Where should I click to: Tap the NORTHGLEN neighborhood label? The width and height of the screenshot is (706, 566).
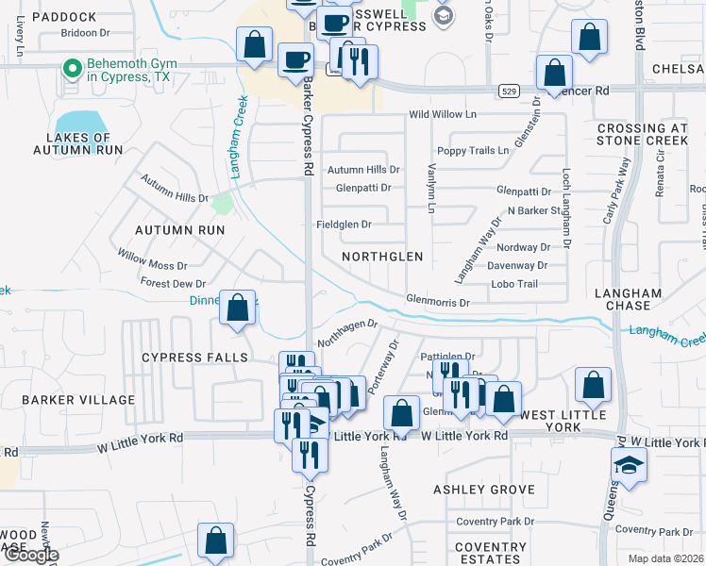point(382,257)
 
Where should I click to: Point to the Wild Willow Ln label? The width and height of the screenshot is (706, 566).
point(443,115)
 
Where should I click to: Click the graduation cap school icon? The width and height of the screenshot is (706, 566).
point(628,466)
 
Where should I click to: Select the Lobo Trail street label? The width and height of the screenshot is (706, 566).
point(514,284)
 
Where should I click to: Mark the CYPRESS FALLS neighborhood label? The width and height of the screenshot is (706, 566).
point(194,358)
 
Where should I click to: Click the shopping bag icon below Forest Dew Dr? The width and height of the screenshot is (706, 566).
point(237,308)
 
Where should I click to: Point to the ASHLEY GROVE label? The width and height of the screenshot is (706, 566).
point(483,490)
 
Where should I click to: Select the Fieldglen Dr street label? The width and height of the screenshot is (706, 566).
point(343,225)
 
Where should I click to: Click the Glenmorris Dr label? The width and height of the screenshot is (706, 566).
point(438,303)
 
